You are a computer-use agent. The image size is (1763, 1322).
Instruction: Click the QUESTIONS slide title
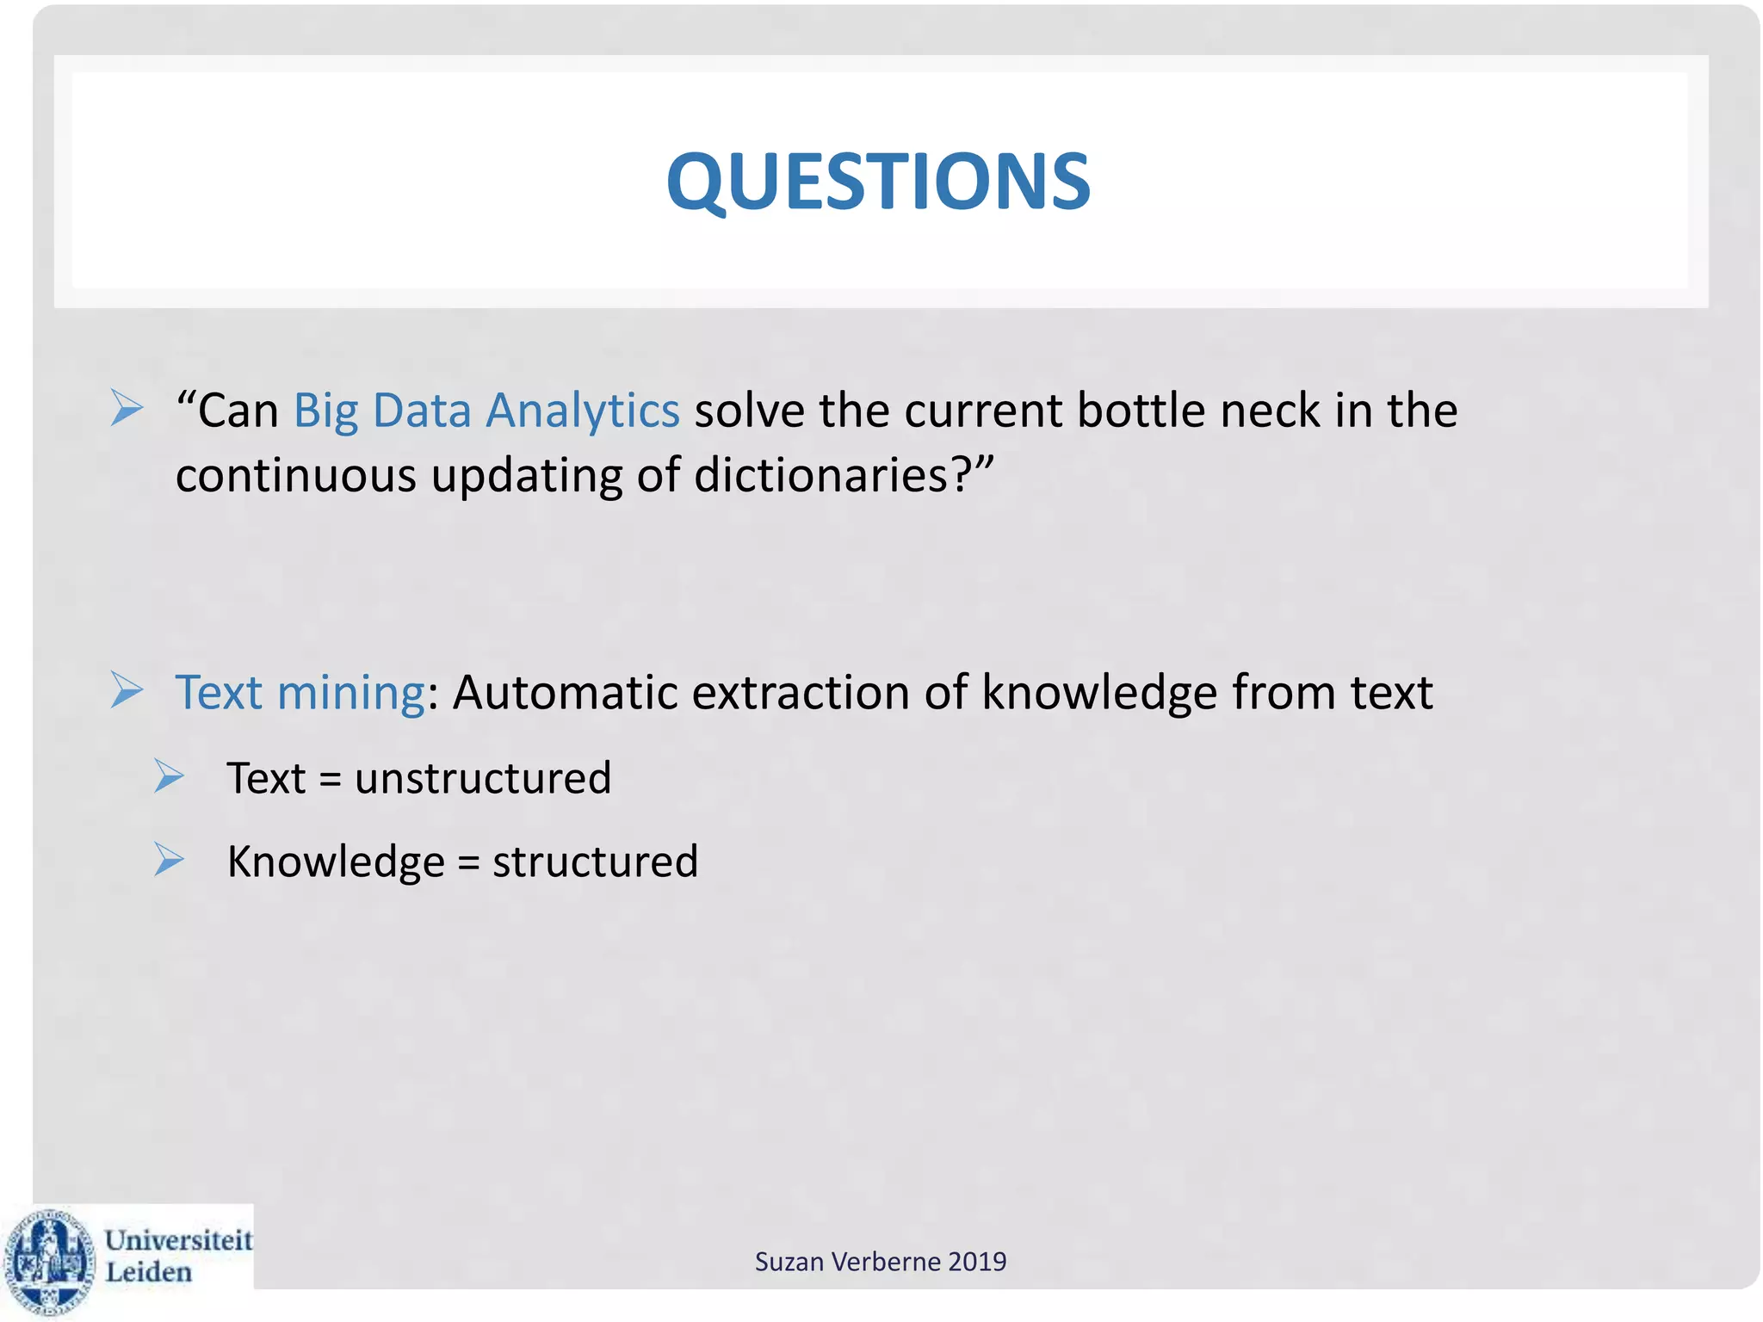878,182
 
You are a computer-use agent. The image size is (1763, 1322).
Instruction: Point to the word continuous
295,474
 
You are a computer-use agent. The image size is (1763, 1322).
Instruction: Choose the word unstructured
483,778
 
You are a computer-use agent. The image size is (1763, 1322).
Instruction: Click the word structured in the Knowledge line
595,862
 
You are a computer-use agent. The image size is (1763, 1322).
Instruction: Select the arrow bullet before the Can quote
127,407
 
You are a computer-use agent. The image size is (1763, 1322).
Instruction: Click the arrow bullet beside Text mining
127,690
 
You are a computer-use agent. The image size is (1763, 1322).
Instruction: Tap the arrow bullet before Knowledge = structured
169,859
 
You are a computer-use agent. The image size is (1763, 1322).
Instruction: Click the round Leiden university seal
50,1262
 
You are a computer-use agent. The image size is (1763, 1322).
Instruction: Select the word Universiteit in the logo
178,1240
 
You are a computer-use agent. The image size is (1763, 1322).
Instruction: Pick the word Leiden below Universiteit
148,1272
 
